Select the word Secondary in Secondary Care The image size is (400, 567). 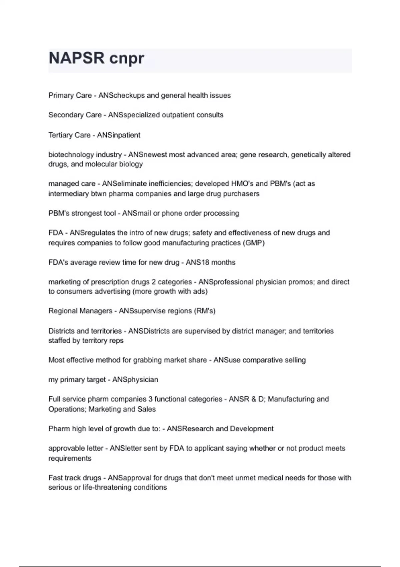pos(63,115)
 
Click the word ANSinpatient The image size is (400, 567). pos(119,135)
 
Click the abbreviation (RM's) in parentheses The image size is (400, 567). pos(204,311)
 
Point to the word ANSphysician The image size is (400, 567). pos(135,380)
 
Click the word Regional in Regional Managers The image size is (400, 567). pos(62,311)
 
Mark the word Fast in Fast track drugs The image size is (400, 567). pos(55,478)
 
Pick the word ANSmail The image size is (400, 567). pos(137,213)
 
